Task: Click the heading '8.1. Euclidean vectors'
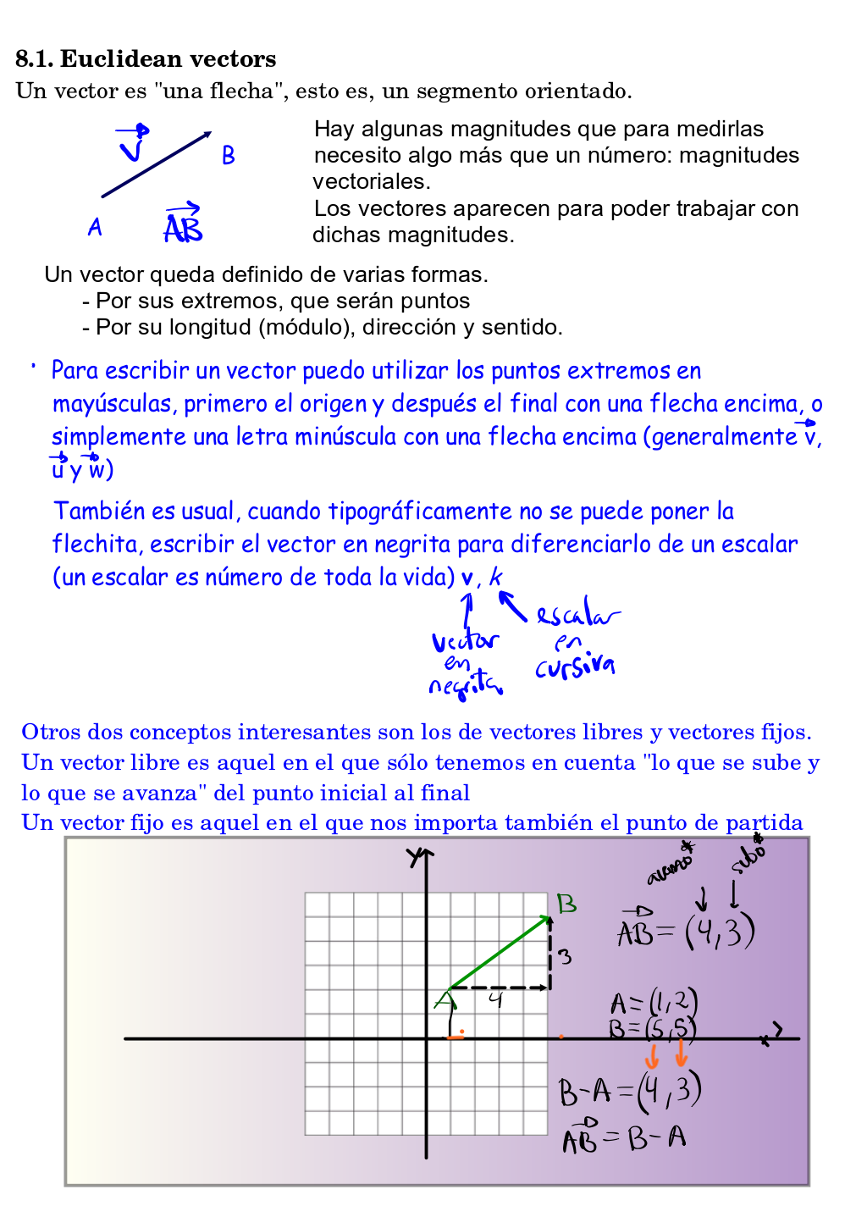click(146, 58)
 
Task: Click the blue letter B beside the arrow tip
click(228, 156)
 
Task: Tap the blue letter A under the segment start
click(95, 227)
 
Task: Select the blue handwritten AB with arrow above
click(183, 224)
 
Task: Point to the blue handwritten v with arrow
click(133, 144)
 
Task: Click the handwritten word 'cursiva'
click(575, 667)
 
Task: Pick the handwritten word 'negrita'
click(463, 685)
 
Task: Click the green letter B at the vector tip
click(566, 904)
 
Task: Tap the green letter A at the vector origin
click(445, 1001)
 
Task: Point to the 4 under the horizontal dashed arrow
click(496, 1000)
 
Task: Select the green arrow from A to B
click(500, 952)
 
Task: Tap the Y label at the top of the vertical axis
click(415, 857)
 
